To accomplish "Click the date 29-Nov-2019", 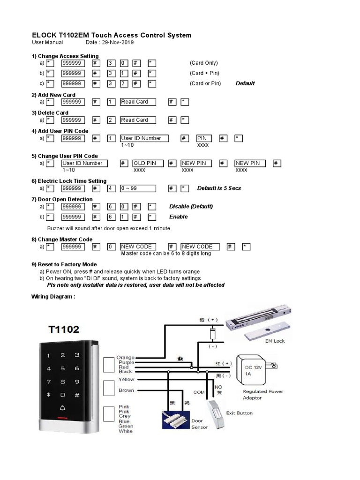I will [x=114, y=43].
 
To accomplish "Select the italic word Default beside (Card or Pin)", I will [x=245, y=83].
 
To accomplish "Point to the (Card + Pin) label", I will [x=204, y=73].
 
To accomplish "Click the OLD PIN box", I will [x=148, y=163].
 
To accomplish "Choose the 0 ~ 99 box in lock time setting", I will [x=138, y=188].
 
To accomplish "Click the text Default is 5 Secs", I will [x=219, y=188].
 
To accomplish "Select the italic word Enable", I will [x=179, y=217].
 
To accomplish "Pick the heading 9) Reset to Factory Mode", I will [x=64, y=265].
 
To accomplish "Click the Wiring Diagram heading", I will [x=53, y=297].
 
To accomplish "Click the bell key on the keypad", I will [x=63, y=395].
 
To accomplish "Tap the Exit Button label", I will [x=239, y=413].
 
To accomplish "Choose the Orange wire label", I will [x=125, y=358].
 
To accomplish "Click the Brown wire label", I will [x=127, y=390].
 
